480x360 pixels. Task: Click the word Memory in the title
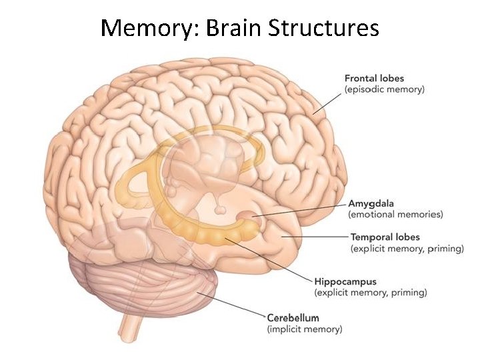(146, 28)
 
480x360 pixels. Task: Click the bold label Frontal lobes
(374, 79)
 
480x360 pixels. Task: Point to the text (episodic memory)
(383, 89)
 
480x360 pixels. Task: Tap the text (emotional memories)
(395, 214)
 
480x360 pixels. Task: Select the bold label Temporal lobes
(385, 237)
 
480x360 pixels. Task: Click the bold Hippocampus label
(345, 282)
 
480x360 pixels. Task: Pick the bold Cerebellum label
(293, 318)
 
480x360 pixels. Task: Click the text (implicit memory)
(304, 329)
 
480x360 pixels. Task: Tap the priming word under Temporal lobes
(445, 249)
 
